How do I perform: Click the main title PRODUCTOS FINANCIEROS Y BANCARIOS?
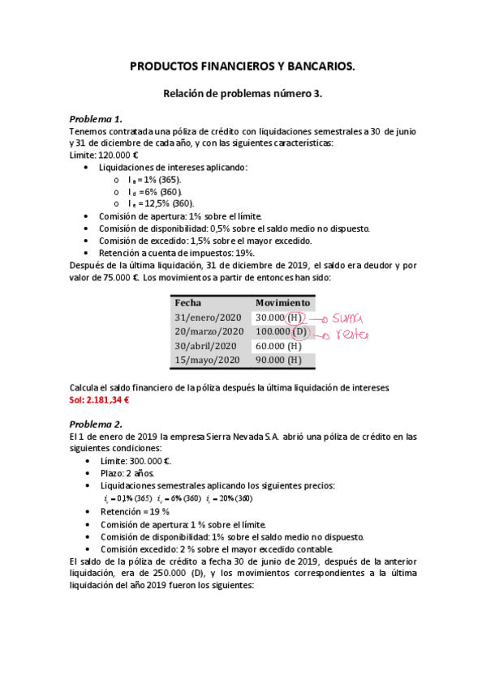pos(243,70)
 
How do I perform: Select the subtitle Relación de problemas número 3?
pos(243,94)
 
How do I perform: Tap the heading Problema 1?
pos(96,118)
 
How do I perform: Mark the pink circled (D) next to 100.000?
pos(299,331)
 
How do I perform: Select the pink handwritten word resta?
pos(350,334)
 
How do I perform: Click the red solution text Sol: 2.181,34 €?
pos(100,400)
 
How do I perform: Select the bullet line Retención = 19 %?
pos(134,511)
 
